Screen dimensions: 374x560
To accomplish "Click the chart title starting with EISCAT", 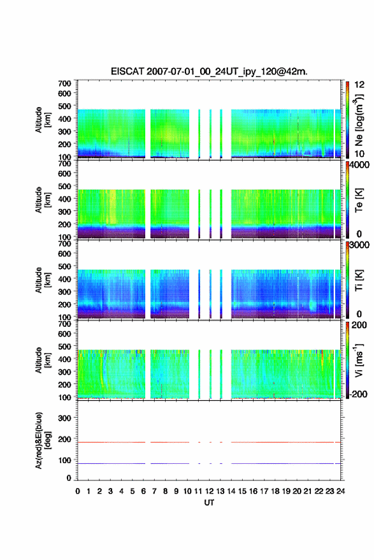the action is (x=209, y=71).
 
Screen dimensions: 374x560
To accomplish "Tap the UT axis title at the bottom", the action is (x=209, y=503).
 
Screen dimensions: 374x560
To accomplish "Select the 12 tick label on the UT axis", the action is (x=210, y=491).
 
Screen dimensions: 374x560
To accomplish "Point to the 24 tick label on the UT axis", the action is (x=340, y=491).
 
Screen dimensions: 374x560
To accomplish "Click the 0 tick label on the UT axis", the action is (x=78, y=491).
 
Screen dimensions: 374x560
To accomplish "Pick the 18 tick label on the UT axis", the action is (x=275, y=491).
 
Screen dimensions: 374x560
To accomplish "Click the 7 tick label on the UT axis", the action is (x=154, y=491).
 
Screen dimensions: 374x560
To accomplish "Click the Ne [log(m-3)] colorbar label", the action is (x=359, y=120).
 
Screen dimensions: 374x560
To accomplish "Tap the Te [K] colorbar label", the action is (x=359, y=200).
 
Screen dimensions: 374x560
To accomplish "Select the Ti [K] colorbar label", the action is (x=359, y=280).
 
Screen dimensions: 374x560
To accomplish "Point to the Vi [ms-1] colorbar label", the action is (x=359, y=360).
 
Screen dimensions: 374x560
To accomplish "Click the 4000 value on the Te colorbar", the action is (x=359, y=166).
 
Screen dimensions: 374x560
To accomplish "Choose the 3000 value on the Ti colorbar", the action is (x=359, y=245).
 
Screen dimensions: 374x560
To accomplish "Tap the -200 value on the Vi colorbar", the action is (x=358, y=394).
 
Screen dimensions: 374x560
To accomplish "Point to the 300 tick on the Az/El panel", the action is (x=64, y=418).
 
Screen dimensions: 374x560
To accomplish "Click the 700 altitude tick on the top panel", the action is (x=64, y=83).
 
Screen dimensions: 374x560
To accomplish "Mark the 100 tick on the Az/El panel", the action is (x=64, y=461).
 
